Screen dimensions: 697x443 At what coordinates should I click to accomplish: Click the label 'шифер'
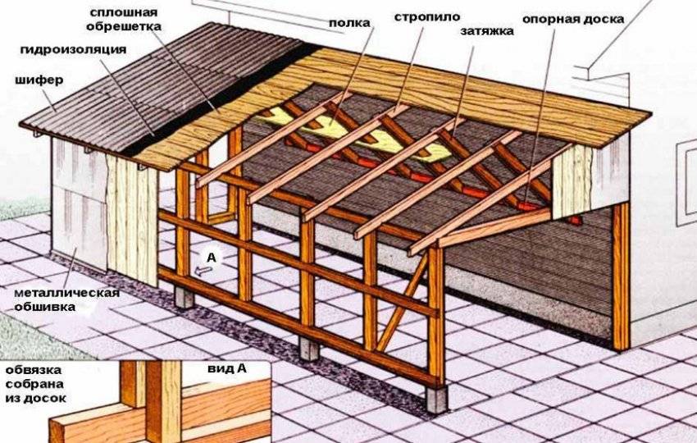pos(39,81)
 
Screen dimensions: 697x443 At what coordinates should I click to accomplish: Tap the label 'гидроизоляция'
pos(73,49)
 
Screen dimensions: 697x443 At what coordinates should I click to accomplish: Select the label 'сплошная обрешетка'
pos(124,19)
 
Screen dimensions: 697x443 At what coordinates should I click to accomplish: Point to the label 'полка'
pos(349,23)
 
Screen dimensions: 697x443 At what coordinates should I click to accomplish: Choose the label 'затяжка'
pos(487,31)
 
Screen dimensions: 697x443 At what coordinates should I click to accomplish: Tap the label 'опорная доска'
pos(573,20)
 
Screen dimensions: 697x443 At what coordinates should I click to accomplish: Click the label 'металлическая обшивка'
pos(66,299)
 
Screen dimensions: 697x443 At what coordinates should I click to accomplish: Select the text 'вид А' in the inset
pos(226,368)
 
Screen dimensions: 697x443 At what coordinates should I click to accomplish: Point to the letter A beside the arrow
pos(211,257)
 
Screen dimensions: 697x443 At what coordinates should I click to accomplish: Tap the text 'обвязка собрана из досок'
pos(35,384)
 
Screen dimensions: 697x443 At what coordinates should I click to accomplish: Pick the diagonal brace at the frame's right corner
pos(402,303)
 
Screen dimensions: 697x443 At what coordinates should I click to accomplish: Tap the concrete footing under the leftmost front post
pos(184,297)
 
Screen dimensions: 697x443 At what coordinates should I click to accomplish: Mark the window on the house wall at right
pos(687,182)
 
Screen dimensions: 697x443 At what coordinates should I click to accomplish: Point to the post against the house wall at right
pos(621,276)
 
